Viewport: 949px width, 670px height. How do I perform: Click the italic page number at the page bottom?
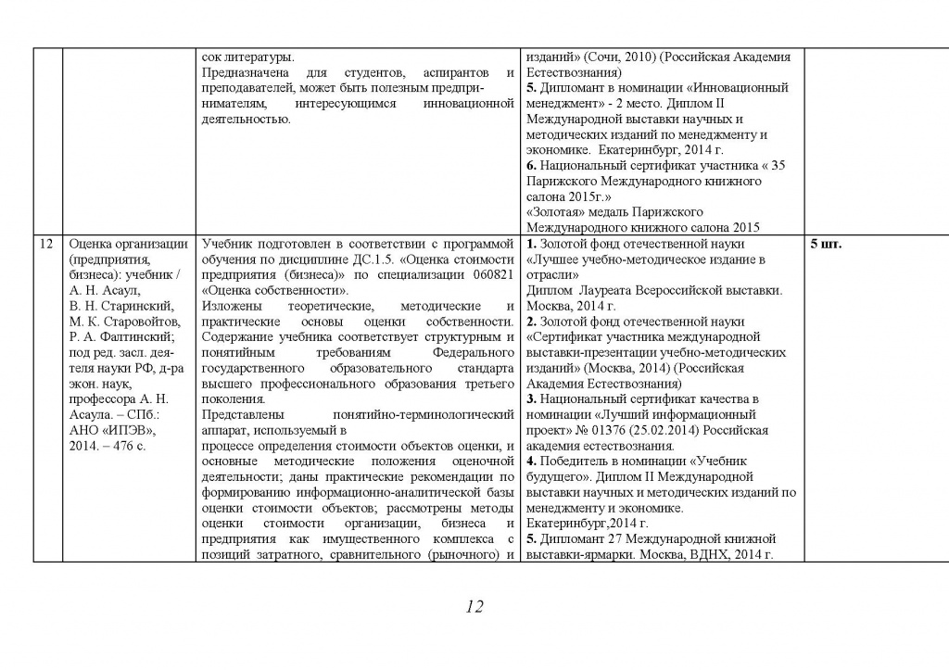474,607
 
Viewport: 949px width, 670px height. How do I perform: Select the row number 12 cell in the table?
45,245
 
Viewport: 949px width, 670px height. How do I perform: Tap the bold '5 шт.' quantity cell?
827,245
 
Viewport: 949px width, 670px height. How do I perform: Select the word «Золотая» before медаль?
556,212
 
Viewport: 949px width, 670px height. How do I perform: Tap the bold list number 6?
531,166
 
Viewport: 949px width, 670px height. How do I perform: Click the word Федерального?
473,352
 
